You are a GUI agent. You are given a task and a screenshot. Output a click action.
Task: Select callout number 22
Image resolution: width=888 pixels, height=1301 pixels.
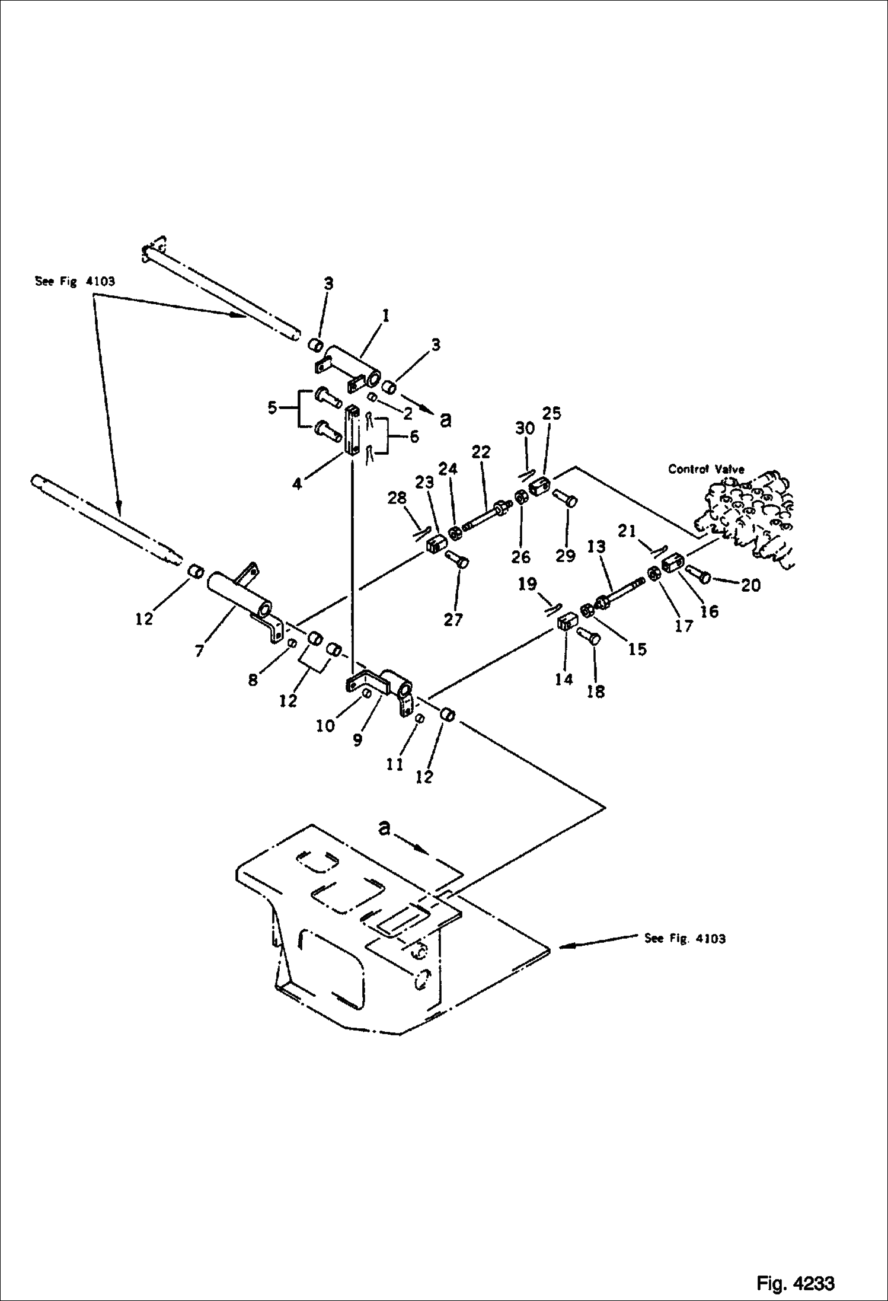(x=481, y=452)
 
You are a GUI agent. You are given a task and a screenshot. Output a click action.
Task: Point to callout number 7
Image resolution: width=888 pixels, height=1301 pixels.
(x=199, y=651)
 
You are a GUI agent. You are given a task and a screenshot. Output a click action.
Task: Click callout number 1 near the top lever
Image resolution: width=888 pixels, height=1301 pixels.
(x=385, y=316)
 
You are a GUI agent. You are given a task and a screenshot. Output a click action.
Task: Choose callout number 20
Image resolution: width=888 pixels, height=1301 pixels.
(x=750, y=585)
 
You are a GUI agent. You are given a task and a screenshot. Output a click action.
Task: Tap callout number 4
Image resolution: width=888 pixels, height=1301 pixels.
(x=297, y=483)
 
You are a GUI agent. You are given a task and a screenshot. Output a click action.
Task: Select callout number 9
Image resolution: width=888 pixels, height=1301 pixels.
(x=357, y=739)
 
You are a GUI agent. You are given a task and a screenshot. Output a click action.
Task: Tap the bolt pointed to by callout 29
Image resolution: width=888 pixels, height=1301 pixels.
(x=564, y=499)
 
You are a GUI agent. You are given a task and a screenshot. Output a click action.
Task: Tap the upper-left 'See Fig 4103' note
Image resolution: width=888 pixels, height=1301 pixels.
(x=75, y=282)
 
